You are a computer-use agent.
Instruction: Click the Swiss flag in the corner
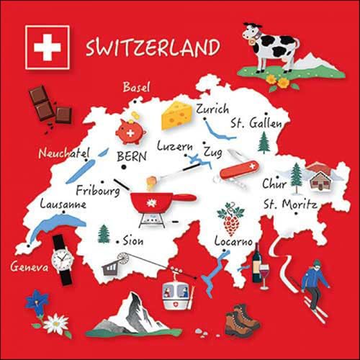click(x=47, y=48)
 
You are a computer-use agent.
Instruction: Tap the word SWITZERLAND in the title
click(x=153, y=48)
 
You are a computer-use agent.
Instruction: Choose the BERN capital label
click(x=131, y=156)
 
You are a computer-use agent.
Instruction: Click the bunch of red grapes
click(x=232, y=219)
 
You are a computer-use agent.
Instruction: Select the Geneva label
click(x=29, y=267)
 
